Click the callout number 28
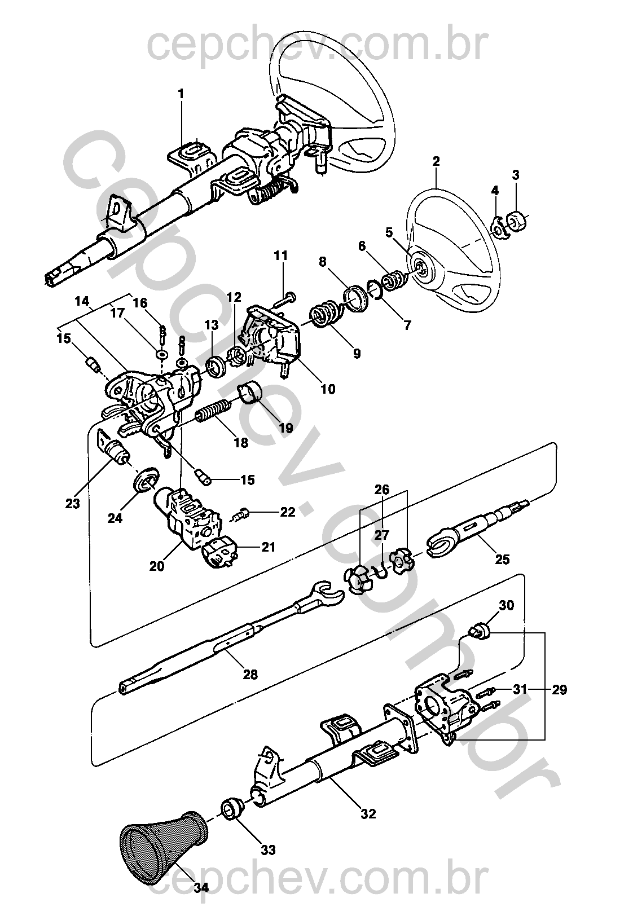[x=250, y=674]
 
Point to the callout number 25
[x=502, y=559]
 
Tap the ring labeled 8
[x=355, y=298]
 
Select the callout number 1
[x=181, y=94]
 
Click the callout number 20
[x=157, y=565]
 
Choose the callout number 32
[x=368, y=813]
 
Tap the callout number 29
[x=560, y=689]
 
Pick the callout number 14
[x=82, y=301]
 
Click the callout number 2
[x=436, y=161]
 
